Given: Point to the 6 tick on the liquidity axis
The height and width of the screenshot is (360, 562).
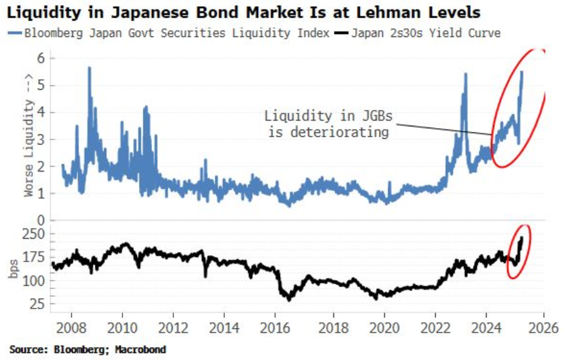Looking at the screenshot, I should tap(43, 58).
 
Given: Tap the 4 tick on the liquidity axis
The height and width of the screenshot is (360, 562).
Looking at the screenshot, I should tap(43, 112).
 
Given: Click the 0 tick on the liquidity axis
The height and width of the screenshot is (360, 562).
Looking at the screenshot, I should tap(43, 221).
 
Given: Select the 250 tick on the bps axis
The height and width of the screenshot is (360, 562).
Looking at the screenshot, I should tap(38, 234).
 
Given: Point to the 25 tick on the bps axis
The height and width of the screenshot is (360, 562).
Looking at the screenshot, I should tap(40, 304).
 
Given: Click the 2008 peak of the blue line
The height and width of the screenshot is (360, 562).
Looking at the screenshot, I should tap(89, 68).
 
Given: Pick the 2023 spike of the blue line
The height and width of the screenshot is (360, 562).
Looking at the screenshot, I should tap(465, 74).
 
